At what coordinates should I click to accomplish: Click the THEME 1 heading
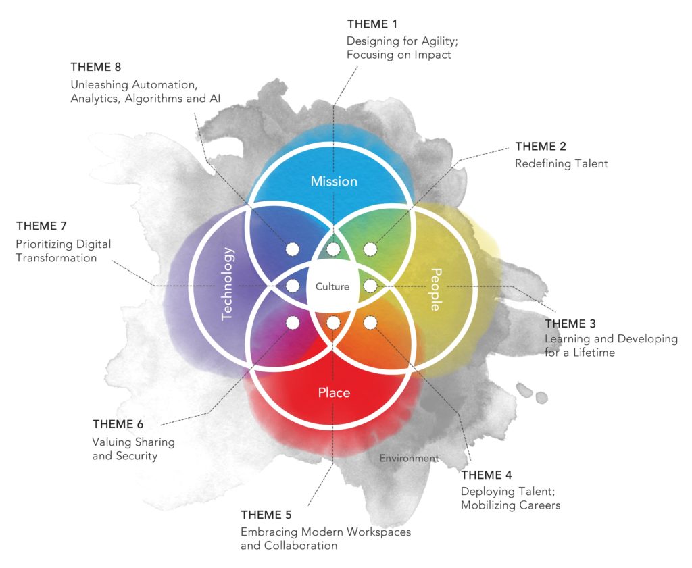[372, 24]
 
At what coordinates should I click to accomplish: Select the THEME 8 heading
[96, 67]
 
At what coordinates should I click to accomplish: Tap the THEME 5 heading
[266, 515]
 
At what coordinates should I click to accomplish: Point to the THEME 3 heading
[570, 324]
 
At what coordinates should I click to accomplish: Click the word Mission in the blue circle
[334, 181]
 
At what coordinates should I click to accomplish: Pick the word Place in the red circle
[334, 392]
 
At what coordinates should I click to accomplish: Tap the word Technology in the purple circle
[227, 284]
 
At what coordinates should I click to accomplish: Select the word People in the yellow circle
[436, 289]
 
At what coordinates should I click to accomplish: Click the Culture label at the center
[332, 286]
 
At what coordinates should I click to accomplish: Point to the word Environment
[409, 458]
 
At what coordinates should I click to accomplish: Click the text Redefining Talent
[562, 163]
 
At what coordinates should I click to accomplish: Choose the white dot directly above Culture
[333, 249]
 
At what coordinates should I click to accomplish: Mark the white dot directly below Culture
[333, 323]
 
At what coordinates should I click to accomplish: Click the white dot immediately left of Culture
[293, 286]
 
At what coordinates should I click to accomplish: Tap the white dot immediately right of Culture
[370, 286]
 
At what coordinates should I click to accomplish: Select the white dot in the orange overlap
[370, 322]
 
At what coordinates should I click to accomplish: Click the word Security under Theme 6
[137, 456]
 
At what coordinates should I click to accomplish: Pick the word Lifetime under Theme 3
[595, 353]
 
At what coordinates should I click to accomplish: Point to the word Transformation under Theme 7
[56, 258]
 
